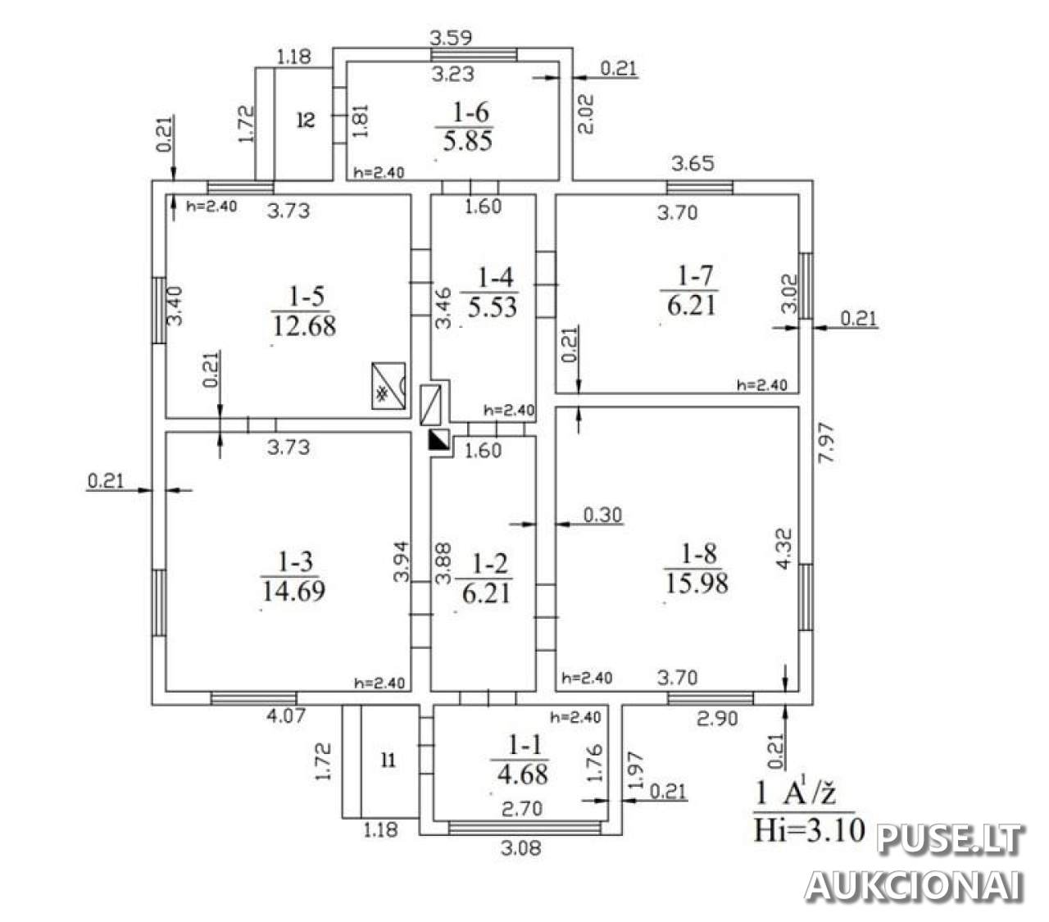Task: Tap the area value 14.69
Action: [293, 589]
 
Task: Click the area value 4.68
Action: [523, 773]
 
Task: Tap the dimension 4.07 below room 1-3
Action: [287, 715]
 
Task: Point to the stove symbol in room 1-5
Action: [388, 384]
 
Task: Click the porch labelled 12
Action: [306, 120]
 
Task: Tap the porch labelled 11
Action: [388, 761]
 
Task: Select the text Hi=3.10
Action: [810, 830]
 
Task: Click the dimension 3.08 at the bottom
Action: [522, 848]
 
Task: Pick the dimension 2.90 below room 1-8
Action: [717, 719]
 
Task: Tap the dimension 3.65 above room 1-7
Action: [693, 163]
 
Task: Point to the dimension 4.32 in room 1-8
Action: [784, 547]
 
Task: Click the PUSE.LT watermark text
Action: [951, 839]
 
